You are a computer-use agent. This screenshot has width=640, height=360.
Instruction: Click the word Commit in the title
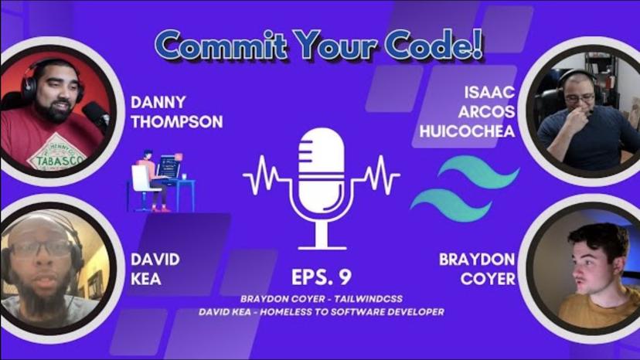click(221, 45)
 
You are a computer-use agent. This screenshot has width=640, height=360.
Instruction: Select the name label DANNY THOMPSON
click(177, 112)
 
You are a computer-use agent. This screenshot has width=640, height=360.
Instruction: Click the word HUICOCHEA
click(467, 131)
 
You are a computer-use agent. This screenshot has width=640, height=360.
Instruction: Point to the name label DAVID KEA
click(155, 270)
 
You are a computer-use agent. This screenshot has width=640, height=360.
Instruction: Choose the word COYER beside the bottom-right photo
click(488, 279)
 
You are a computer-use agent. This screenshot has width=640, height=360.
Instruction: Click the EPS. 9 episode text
click(322, 277)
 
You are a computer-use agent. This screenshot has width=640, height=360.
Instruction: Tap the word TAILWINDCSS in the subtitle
click(368, 299)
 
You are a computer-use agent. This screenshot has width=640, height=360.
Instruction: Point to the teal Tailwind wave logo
click(465, 188)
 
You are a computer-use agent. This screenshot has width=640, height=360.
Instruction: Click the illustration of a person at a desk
click(163, 182)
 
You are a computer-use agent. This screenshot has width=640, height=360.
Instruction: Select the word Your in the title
click(335, 45)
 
